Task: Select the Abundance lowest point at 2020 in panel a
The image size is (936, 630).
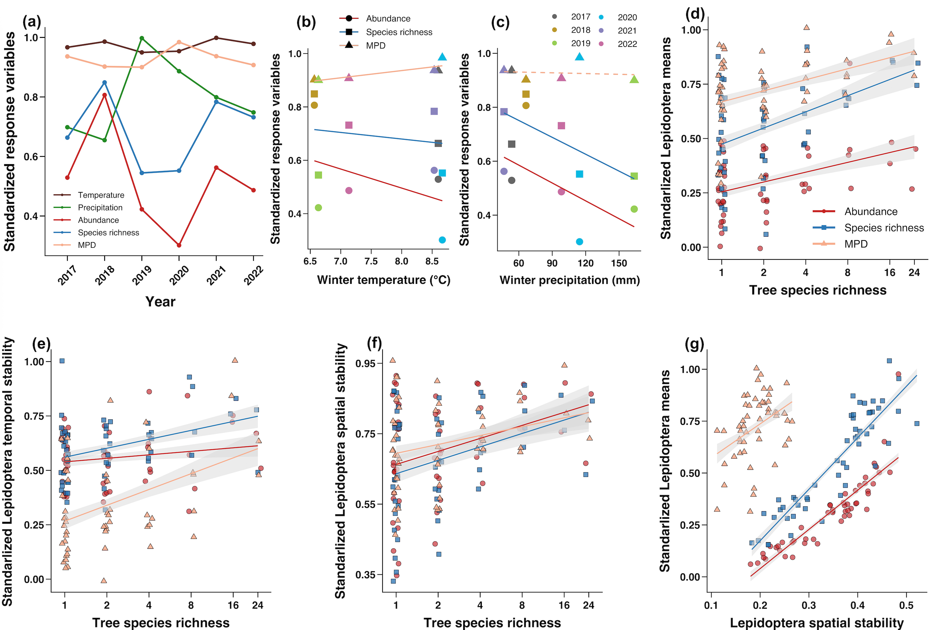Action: point(179,245)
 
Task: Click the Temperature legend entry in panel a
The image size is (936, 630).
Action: point(101,195)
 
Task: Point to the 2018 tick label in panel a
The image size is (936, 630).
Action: point(104,275)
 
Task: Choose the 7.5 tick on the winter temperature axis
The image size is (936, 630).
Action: point(371,262)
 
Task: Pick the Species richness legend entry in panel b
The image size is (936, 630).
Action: point(399,32)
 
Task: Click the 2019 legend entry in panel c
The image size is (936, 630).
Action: point(580,43)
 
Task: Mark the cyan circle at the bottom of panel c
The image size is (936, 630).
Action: point(579,241)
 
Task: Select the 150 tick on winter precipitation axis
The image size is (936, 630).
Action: point(619,263)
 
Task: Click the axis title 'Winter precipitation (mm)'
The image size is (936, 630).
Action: point(570,280)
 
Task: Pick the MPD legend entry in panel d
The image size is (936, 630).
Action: point(856,244)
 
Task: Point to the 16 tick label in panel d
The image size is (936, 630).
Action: point(890,272)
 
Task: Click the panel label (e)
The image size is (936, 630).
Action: point(41,344)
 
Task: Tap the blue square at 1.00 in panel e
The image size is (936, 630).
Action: point(62,361)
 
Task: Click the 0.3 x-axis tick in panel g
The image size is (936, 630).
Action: point(808,605)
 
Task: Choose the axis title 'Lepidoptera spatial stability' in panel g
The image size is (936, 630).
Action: point(817,623)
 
